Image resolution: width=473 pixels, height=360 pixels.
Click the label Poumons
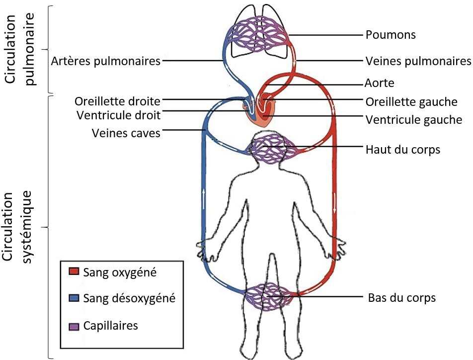tap(390, 35)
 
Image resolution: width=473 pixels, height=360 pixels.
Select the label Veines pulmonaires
tap(418, 61)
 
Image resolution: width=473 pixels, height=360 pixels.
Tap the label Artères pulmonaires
tap(106, 61)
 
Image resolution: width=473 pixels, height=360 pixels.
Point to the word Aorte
tap(380, 83)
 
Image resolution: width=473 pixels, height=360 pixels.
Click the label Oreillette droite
tap(118, 101)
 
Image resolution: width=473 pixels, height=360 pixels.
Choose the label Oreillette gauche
tap(411, 102)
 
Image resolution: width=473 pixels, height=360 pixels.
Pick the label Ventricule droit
tap(119, 115)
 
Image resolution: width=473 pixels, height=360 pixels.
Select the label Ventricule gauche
tap(414, 120)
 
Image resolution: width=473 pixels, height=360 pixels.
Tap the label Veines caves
tap(126, 133)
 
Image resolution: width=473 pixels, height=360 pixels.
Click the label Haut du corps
tap(402, 149)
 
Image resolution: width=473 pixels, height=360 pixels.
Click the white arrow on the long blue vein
tap(204, 194)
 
